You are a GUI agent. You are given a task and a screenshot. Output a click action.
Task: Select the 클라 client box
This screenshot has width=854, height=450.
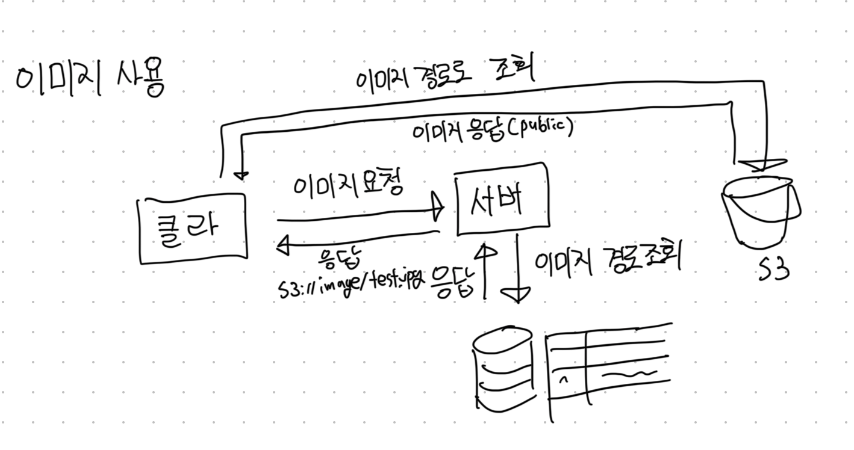coord(193,228)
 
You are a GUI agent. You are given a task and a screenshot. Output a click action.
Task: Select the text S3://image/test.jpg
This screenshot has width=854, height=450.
coord(351,284)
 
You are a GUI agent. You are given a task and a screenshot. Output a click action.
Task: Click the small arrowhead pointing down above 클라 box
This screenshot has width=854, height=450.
coord(241,175)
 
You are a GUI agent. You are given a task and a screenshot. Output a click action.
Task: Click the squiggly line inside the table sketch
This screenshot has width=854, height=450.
coord(630,375)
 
